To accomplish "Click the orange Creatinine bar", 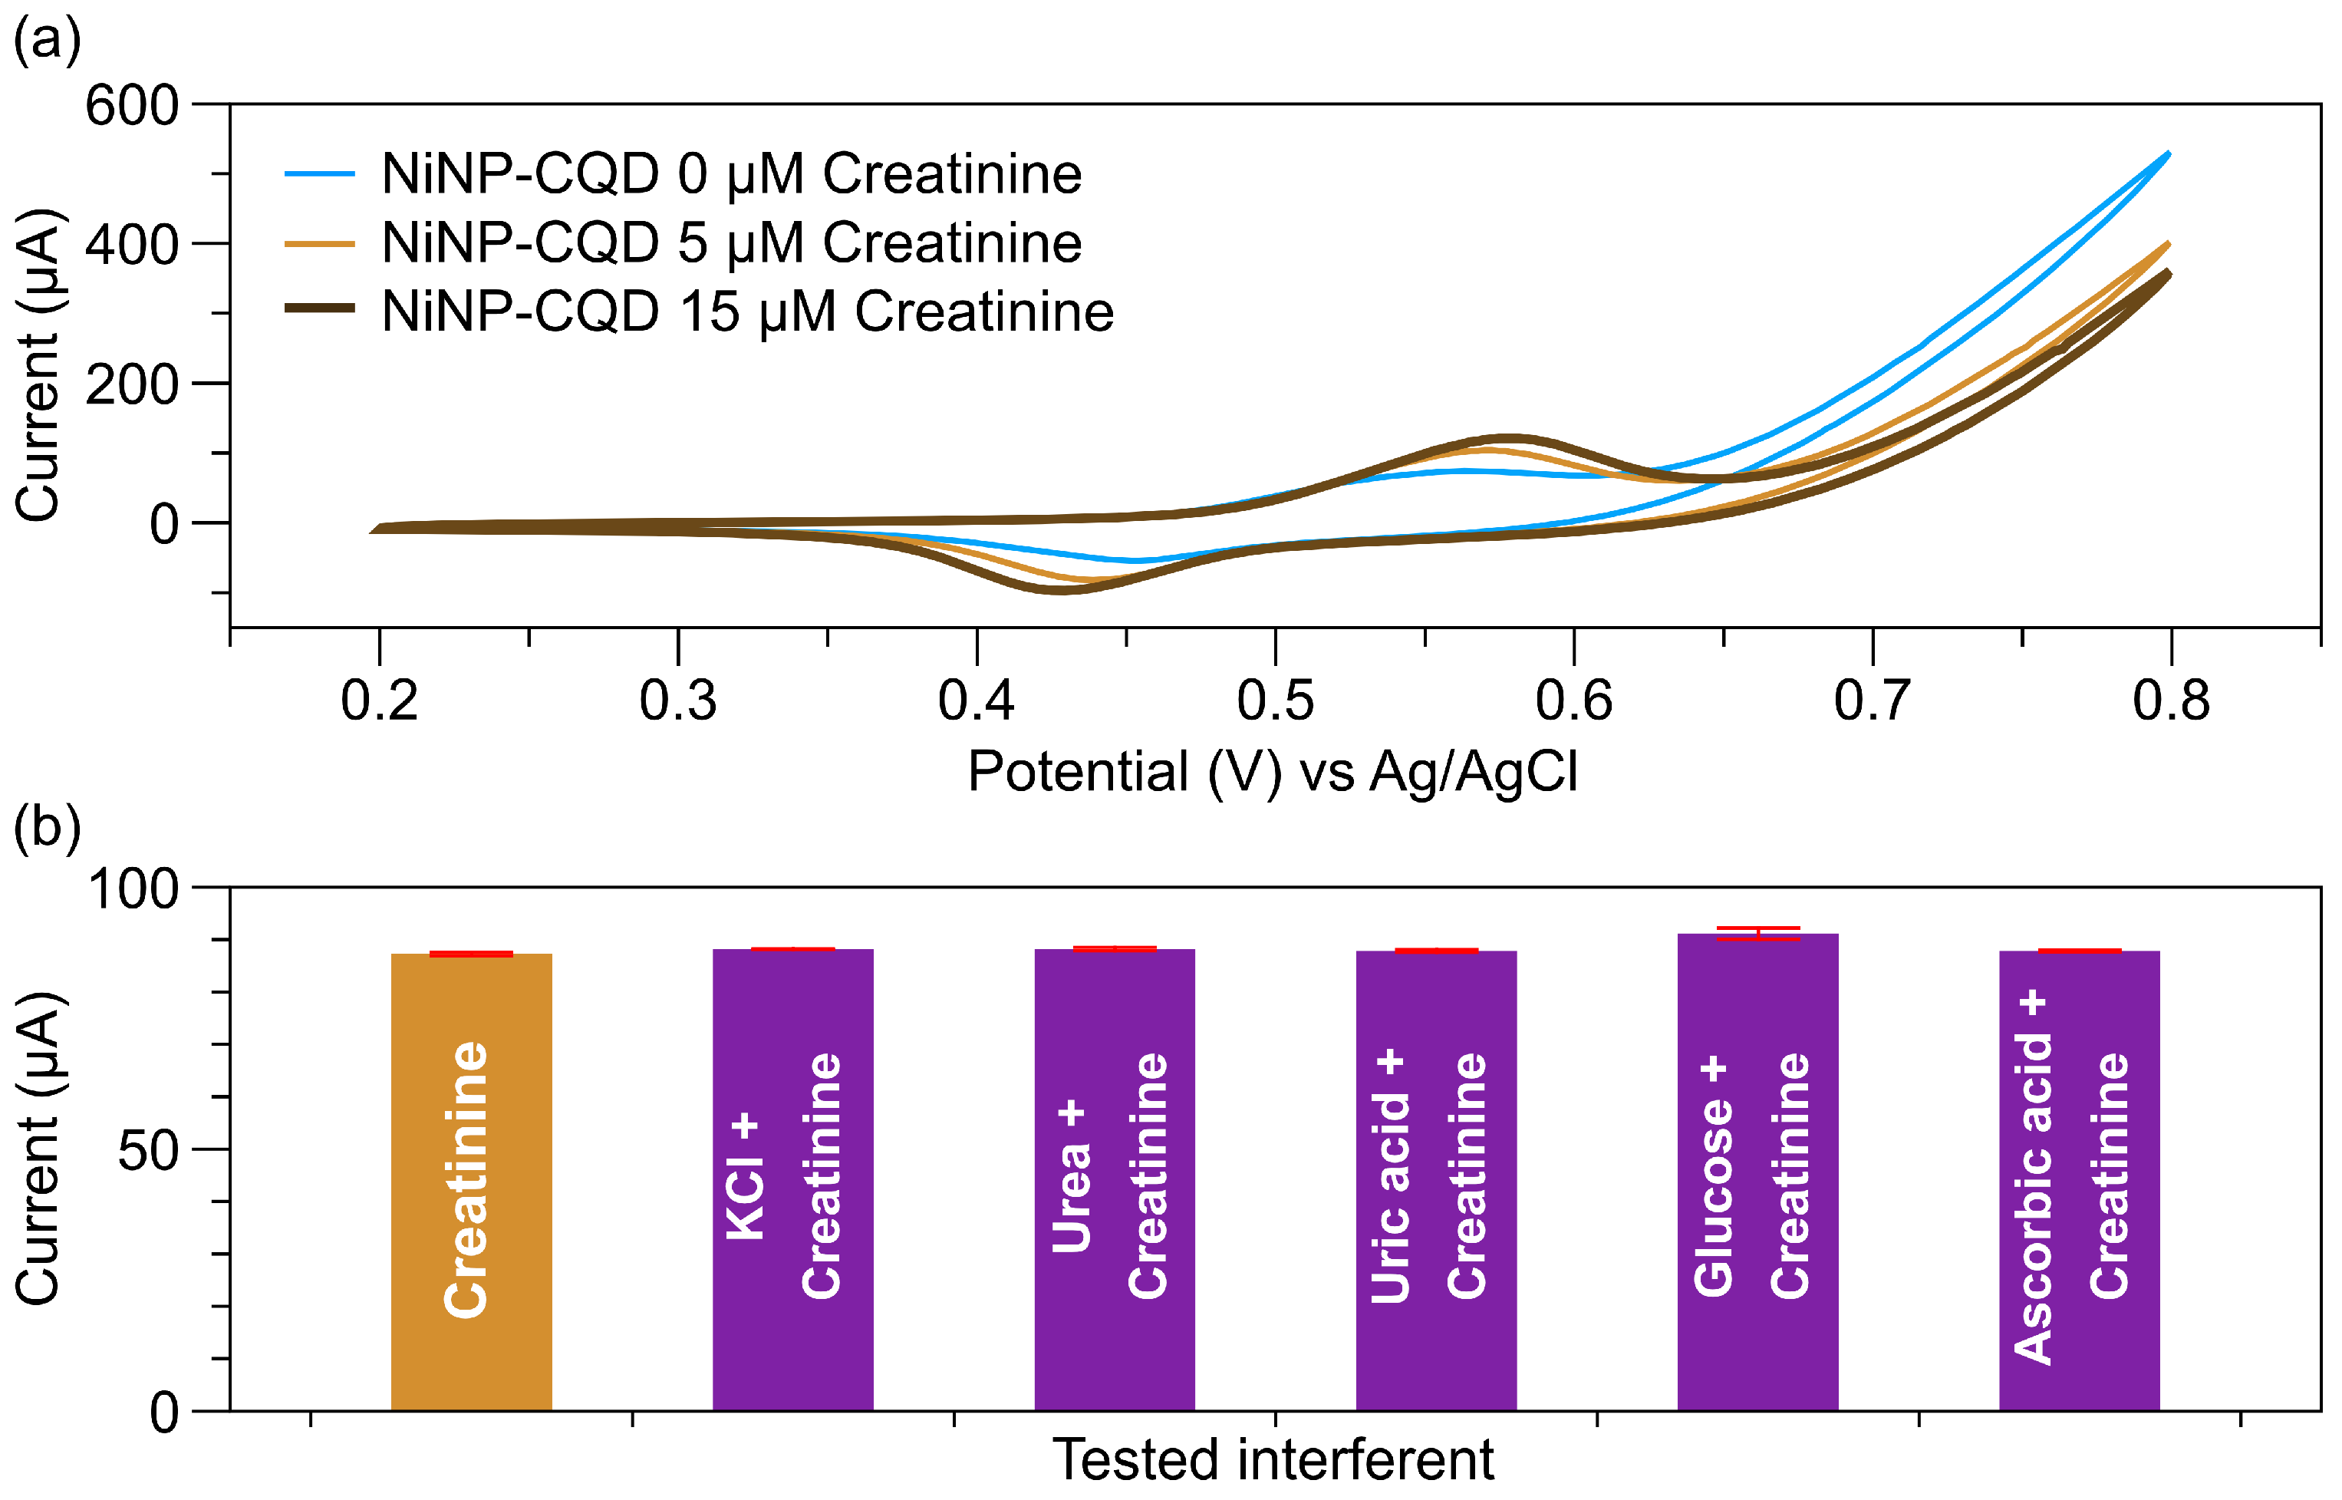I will pos(471,1181).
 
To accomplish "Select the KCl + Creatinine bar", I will pos(792,1179).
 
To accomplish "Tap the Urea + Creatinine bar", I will pos(1114,1179).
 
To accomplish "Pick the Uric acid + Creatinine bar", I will pos(1435,1179).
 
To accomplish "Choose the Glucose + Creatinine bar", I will pos(1757,1171).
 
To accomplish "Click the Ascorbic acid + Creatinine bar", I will pos(2078,1179).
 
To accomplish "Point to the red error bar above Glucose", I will pos(1757,933).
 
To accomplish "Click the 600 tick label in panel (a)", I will pos(131,105).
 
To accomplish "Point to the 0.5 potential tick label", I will pos(1275,701).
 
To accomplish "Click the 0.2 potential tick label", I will pos(379,701).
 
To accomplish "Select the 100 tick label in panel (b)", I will pos(133,888).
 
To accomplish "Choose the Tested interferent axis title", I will pos(1273,1460).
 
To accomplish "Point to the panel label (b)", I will pos(46,827).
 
